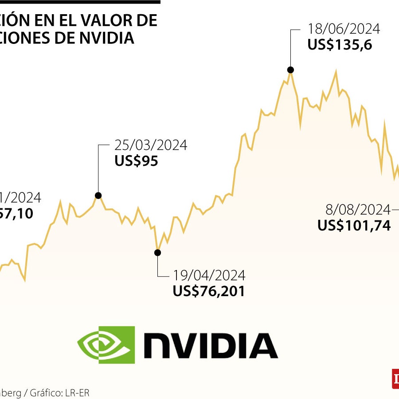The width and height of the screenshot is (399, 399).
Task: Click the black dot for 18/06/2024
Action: [291, 70]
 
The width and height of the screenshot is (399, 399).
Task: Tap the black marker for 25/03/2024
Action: [98, 196]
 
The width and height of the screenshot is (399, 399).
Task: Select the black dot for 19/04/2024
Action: [157, 253]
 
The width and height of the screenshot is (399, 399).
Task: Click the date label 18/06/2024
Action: [344, 29]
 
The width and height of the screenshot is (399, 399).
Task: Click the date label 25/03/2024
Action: [151, 145]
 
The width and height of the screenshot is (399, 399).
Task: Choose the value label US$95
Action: [136, 161]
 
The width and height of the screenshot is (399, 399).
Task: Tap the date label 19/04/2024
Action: [209, 276]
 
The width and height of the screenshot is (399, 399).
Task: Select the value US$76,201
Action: [208, 291]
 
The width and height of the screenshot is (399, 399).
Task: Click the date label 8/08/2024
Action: [358, 210]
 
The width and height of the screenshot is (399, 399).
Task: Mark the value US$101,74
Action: [354, 226]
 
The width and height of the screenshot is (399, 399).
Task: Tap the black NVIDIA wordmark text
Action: [210, 346]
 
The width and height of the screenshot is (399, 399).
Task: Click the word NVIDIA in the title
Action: [106, 38]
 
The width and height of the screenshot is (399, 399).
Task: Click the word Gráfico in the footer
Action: [47, 392]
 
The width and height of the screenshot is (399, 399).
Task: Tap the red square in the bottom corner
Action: [395, 379]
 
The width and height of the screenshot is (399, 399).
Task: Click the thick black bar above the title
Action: [80, 2]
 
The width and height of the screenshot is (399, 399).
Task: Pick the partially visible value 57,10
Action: [17, 214]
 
